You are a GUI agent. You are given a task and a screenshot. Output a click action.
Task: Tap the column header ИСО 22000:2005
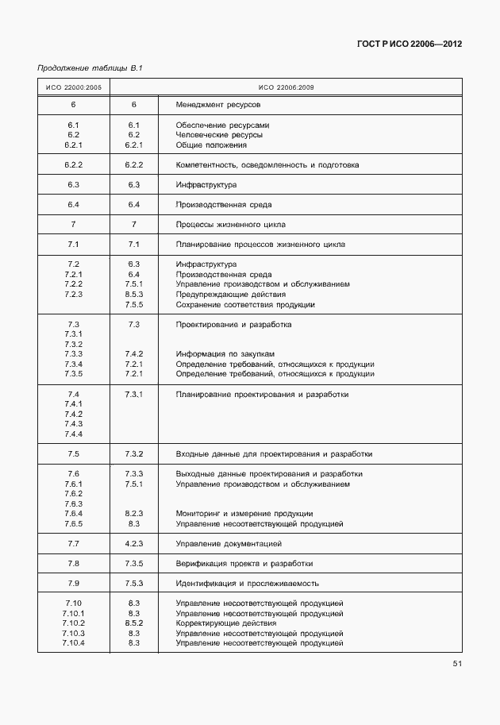(74, 87)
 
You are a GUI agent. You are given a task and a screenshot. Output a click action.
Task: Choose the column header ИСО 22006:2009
(286, 87)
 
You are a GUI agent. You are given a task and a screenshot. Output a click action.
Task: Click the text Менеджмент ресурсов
(218, 105)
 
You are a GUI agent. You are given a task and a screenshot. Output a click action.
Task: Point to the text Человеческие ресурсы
(218, 135)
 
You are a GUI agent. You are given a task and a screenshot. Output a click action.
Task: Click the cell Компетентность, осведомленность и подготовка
(267, 165)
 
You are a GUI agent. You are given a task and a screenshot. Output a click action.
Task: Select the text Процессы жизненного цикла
(230, 225)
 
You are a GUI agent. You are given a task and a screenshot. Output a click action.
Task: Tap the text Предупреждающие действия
(225, 295)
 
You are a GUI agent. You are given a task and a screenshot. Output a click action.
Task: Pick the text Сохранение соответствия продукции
(245, 305)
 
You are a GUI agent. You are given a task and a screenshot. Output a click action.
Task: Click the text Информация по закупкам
(225, 354)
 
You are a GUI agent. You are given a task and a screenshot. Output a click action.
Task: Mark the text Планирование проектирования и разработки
(262, 395)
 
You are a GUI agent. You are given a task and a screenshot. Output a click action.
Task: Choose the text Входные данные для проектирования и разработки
(274, 454)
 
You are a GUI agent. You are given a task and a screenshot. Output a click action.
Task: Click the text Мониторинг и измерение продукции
(244, 514)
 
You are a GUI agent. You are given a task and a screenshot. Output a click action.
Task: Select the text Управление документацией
(229, 544)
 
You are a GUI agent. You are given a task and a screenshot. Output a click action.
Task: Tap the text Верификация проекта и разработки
(244, 564)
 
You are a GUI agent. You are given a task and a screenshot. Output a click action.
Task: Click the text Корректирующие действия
(225, 623)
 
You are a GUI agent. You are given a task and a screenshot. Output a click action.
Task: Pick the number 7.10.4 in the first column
(73, 643)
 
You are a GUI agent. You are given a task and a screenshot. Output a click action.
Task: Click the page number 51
(457, 663)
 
